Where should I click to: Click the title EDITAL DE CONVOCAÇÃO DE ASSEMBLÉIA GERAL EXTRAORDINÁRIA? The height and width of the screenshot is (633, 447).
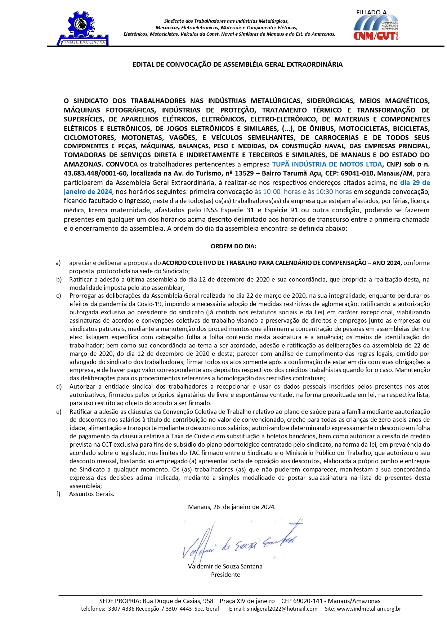tap(237, 65)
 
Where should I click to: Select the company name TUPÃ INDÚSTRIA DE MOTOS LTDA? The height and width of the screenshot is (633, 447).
tap(327, 164)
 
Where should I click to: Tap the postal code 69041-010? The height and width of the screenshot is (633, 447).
tap(355, 173)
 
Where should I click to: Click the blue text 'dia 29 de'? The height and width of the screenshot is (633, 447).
tap(415, 183)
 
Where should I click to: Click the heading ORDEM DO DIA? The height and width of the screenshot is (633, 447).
tap(233, 247)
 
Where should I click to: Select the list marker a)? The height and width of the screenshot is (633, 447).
tap(58, 263)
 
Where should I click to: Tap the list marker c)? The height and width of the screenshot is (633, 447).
tap(58, 296)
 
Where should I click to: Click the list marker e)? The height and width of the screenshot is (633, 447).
tap(58, 412)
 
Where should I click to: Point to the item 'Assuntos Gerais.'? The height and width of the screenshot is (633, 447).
tap(91, 494)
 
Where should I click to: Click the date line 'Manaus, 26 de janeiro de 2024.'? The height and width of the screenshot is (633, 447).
tap(232, 507)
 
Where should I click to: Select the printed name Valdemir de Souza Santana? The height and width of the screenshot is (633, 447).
tap(225, 566)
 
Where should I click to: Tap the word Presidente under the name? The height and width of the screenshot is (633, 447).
tap(225, 575)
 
